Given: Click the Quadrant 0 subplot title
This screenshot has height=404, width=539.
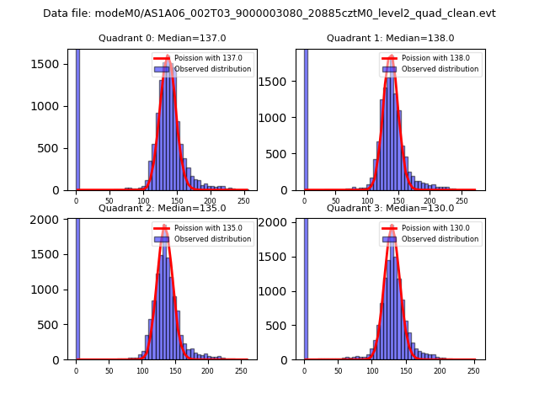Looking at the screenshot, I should [x=162, y=38].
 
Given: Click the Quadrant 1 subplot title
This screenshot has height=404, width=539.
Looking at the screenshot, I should [x=390, y=38].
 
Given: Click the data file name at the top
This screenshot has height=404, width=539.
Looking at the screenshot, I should [x=269, y=13].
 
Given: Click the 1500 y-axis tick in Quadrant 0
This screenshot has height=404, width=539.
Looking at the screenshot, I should [x=51, y=64].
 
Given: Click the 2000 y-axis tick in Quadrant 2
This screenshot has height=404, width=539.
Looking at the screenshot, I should [x=51, y=220].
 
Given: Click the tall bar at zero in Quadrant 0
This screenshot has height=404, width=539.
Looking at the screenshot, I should [x=77, y=118].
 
